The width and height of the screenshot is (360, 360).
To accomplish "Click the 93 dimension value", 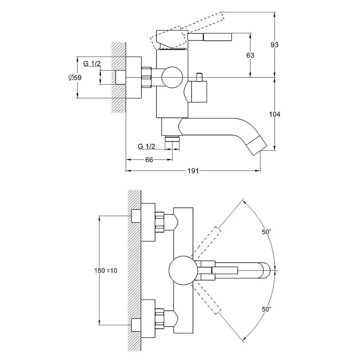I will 275,45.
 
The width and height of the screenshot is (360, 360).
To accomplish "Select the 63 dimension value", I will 251,55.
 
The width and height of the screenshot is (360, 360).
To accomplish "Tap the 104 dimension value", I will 275,114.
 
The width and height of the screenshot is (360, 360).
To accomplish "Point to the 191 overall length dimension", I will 193,171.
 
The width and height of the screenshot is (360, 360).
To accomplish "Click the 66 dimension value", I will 149,160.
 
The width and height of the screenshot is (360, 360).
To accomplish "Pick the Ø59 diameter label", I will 75,78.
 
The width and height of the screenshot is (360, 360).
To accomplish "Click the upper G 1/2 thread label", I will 92,63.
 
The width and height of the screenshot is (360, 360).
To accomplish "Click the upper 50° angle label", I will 266,232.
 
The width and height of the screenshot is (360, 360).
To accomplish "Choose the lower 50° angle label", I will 266,309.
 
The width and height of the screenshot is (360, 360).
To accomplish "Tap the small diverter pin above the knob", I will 200,76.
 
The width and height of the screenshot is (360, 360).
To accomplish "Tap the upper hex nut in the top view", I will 160,221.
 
